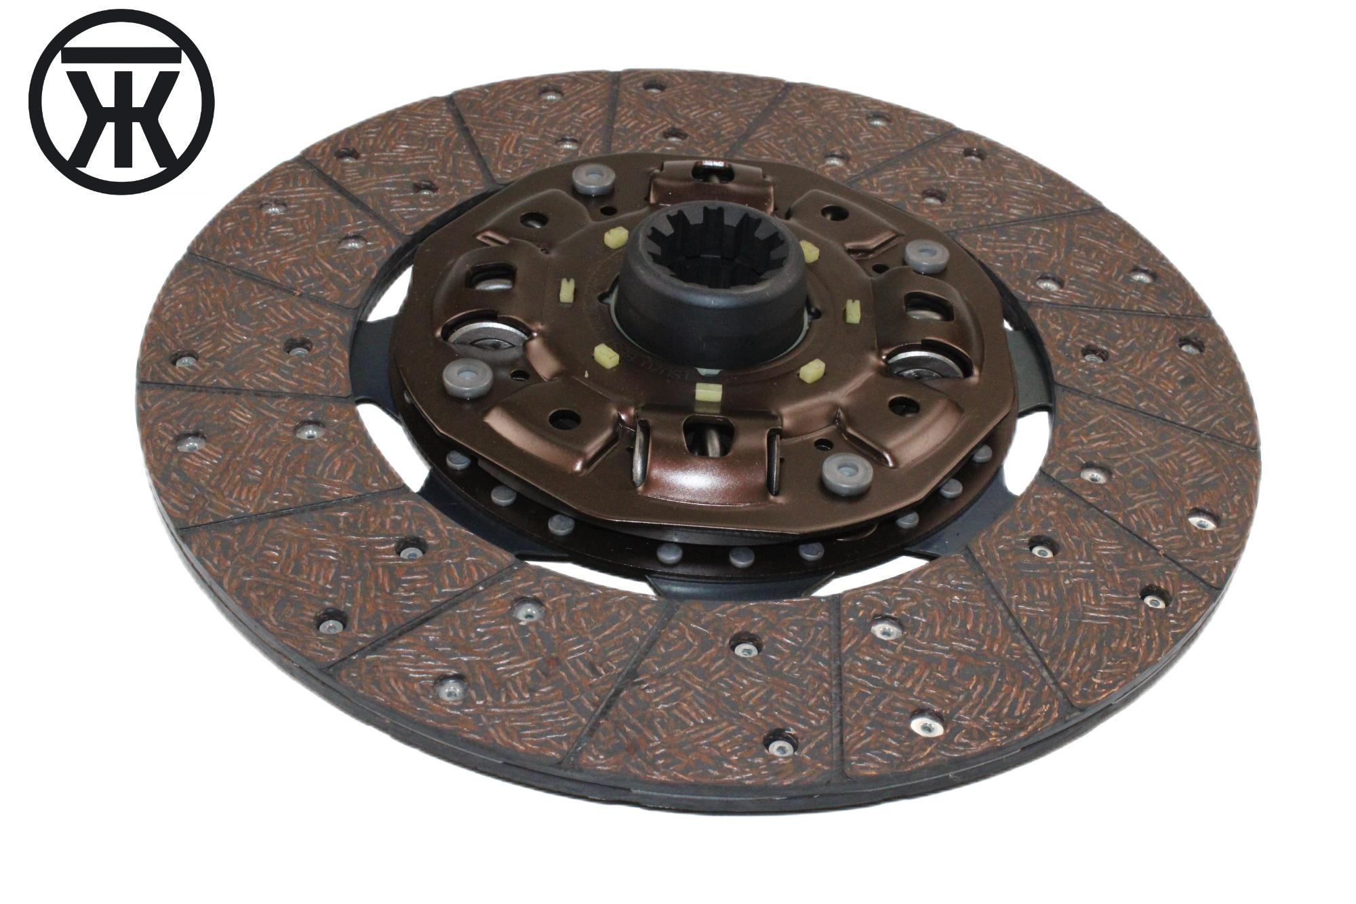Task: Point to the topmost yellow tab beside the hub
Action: pos(614,237)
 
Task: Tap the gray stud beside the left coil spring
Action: pos(466,377)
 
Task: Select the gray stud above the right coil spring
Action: pos(927,255)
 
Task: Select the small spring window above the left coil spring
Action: pos(490,277)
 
